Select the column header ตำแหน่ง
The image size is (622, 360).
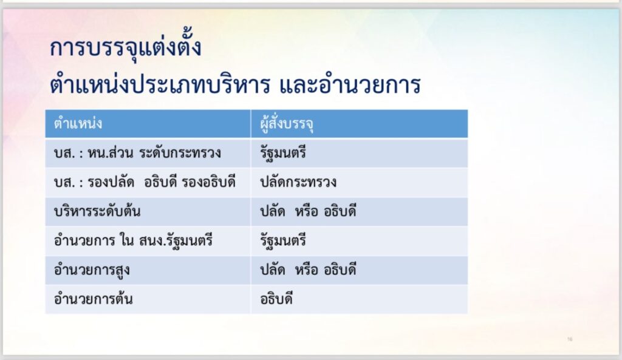(78, 123)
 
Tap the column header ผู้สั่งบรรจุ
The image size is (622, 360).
(287, 124)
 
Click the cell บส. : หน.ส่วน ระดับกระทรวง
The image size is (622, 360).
(137, 152)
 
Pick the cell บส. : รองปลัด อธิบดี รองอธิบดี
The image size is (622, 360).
(145, 182)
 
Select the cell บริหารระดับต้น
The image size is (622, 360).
(97, 211)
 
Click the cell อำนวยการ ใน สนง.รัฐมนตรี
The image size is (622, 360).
(133, 240)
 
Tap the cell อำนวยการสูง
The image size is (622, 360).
(92, 270)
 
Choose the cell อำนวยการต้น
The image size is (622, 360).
(93, 299)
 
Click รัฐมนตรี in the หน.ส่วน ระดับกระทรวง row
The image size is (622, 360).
(283, 153)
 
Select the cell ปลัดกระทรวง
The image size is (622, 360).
(298, 182)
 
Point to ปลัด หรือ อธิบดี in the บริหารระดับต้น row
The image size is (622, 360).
(308, 211)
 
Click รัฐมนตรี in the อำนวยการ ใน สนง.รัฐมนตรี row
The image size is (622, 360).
(283, 240)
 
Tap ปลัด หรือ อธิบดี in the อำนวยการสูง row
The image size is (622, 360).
(308, 270)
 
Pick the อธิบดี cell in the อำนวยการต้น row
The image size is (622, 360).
(276, 299)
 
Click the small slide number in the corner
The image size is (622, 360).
(570, 339)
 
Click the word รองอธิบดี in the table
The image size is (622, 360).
(209, 182)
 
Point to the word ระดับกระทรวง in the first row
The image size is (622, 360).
(180, 152)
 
